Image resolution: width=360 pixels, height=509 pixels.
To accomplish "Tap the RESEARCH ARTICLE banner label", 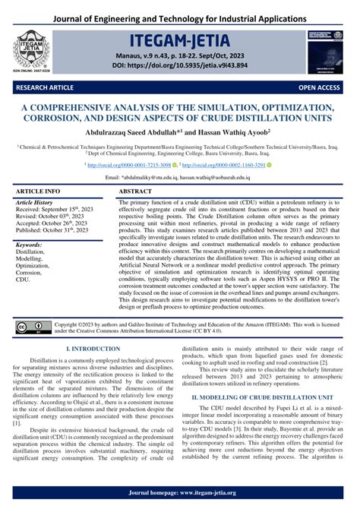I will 36,88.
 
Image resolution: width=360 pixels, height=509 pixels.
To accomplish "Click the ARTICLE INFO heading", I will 39,192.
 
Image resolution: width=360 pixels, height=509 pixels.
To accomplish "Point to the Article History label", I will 38,204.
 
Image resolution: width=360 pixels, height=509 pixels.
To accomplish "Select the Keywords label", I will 31,245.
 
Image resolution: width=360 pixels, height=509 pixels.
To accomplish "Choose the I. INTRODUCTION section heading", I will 93,348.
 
